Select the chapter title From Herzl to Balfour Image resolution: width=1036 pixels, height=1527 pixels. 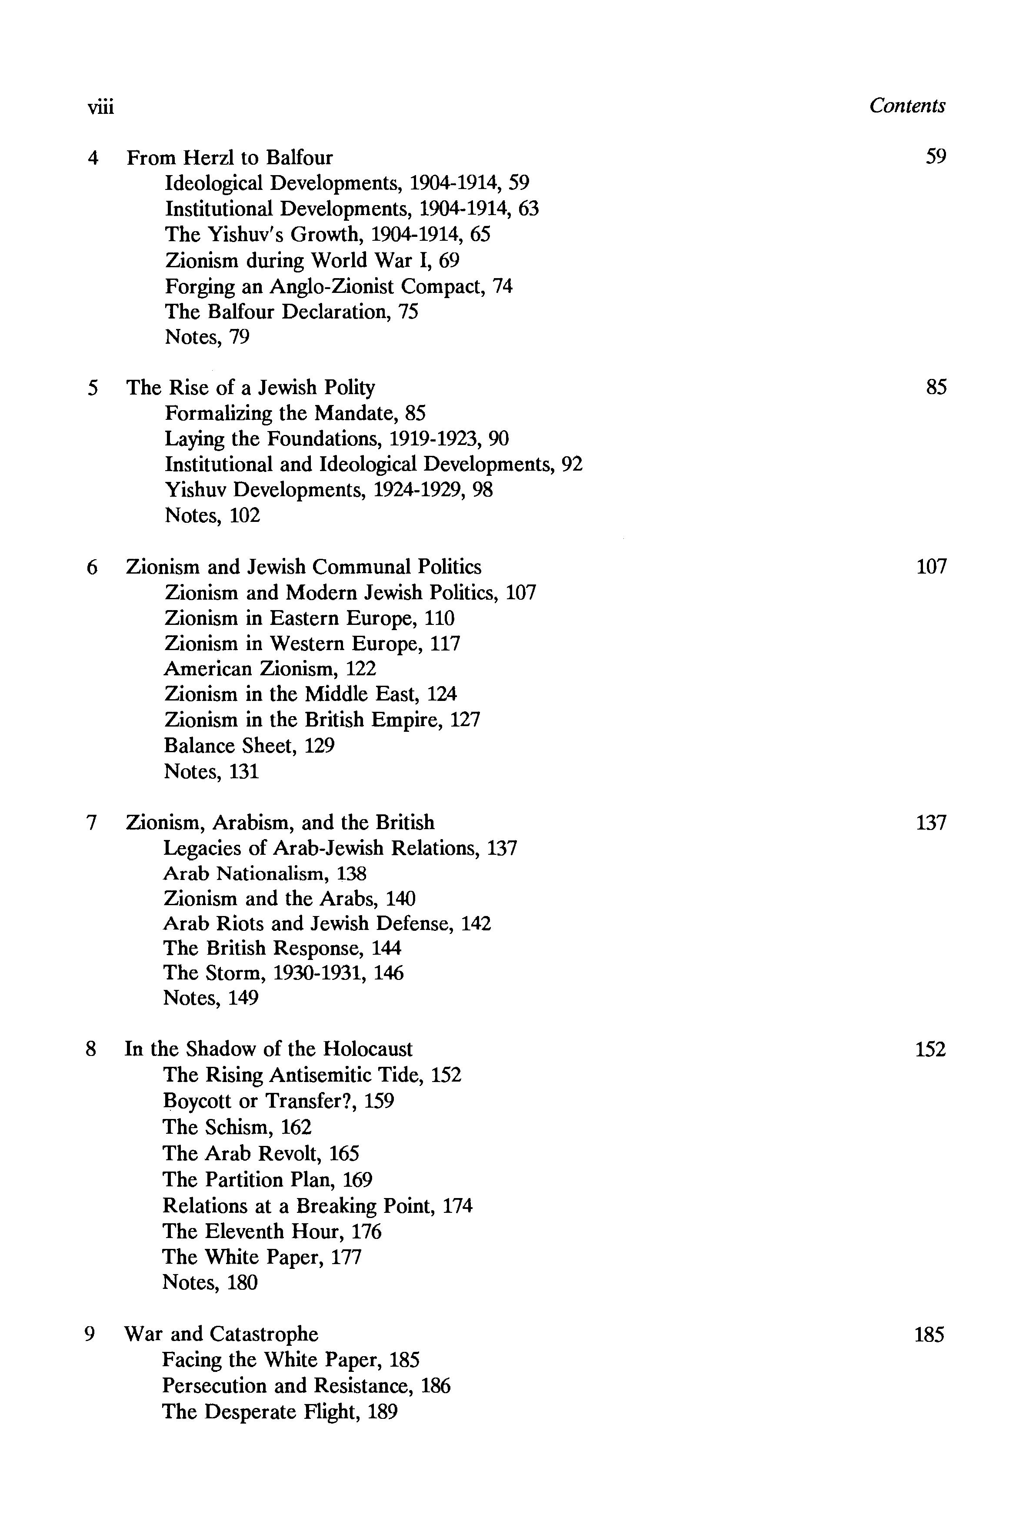pyautogui.click(x=230, y=158)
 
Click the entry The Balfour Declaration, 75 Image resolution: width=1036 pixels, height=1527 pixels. pyautogui.click(x=291, y=312)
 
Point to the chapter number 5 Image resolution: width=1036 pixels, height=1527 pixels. pyautogui.click(x=93, y=388)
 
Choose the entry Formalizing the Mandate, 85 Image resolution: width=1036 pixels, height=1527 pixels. pyautogui.click(x=294, y=413)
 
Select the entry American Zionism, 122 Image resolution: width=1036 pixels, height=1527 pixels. pyautogui.click(x=270, y=669)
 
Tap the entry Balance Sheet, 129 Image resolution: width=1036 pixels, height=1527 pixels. pyautogui.click(x=249, y=746)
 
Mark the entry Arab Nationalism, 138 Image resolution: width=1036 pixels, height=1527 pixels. pyautogui.click(x=264, y=874)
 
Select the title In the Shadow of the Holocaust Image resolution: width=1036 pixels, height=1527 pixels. pyautogui.click(x=268, y=1049)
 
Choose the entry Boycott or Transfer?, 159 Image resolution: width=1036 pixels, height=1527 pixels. pyautogui.click(x=278, y=1101)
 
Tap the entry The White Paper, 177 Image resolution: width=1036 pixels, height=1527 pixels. pyautogui.click(x=262, y=1257)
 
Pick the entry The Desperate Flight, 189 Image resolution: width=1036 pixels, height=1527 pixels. pyautogui.click(x=280, y=1412)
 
